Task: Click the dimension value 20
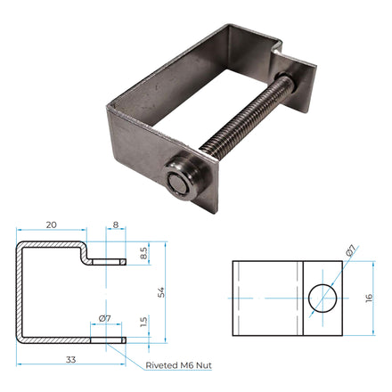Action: [x=51, y=225]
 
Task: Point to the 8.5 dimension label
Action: [x=143, y=252]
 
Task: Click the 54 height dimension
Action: [x=161, y=291]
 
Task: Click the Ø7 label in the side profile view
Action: [x=104, y=318]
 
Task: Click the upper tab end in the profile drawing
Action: [x=107, y=262]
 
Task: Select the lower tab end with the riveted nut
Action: [x=106, y=338]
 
